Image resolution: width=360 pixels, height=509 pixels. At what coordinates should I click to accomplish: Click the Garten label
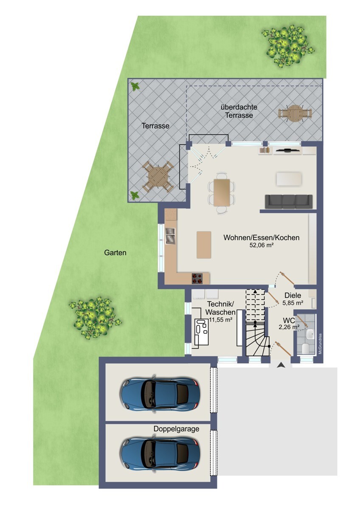pyautogui.click(x=115, y=253)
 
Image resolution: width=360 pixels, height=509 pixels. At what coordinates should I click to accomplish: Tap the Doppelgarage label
pyautogui.click(x=176, y=429)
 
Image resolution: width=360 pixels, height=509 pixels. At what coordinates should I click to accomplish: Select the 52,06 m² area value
pyautogui.click(x=262, y=245)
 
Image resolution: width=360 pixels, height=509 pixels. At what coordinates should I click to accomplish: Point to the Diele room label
pyautogui.click(x=292, y=295)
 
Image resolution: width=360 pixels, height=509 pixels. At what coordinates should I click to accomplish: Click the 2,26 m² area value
pyautogui.click(x=289, y=327)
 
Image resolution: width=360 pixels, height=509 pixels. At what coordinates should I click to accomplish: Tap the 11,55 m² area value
pyautogui.click(x=220, y=320)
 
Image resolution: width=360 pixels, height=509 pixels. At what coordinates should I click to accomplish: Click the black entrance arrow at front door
pyautogui.click(x=281, y=365)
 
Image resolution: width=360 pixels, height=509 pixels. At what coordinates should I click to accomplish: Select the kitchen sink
pyautogui.click(x=170, y=236)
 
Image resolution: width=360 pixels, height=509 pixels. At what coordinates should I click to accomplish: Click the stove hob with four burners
pyautogui.click(x=197, y=278)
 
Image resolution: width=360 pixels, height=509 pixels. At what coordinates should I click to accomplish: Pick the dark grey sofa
pyautogui.click(x=289, y=201)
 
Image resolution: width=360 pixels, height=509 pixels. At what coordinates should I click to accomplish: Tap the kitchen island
pyautogui.click(x=204, y=245)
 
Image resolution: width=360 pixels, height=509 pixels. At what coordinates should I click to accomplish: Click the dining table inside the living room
pyautogui.click(x=222, y=193)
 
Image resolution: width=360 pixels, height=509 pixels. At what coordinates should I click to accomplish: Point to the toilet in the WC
pyautogui.click(x=305, y=348)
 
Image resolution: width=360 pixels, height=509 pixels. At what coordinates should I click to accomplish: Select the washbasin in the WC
pyautogui.click(x=310, y=334)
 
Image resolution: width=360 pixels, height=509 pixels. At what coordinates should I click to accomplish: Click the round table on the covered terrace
pyautogui.click(x=295, y=113)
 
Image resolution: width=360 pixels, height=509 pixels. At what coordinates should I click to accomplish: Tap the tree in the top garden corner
pyautogui.click(x=288, y=46)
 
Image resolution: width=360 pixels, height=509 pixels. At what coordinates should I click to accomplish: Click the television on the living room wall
pyautogui.click(x=288, y=150)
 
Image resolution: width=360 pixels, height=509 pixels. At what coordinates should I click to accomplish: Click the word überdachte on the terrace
pyautogui.click(x=239, y=107)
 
